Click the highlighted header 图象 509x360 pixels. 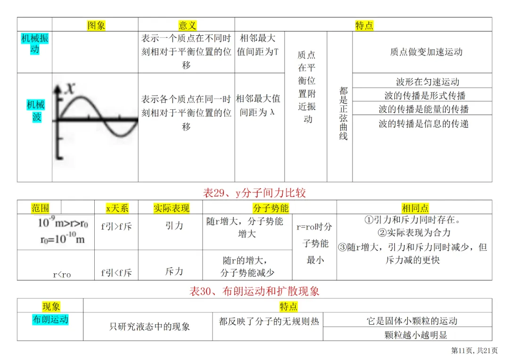tap(96, 25)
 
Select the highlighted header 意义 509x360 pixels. tap(187, 25)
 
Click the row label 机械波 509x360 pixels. tap(36, 111)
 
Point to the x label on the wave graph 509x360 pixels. tap(70, 88)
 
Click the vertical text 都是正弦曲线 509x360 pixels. tap(344, 113)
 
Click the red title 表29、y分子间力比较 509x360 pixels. tap(254, 193)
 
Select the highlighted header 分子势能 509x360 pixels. tap(271, 208)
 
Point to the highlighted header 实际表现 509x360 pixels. tap(172, 208)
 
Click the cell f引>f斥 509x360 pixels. tap(116, 226)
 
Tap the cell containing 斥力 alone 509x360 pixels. tap(174, 271)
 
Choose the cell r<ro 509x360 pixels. tap(62, 274)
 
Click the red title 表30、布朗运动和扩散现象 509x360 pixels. tap(254, 291)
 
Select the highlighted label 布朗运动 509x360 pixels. tap(50, 319)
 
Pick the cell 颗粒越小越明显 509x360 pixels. tap(416, 335)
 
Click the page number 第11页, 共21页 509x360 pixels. tap(474, 350)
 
